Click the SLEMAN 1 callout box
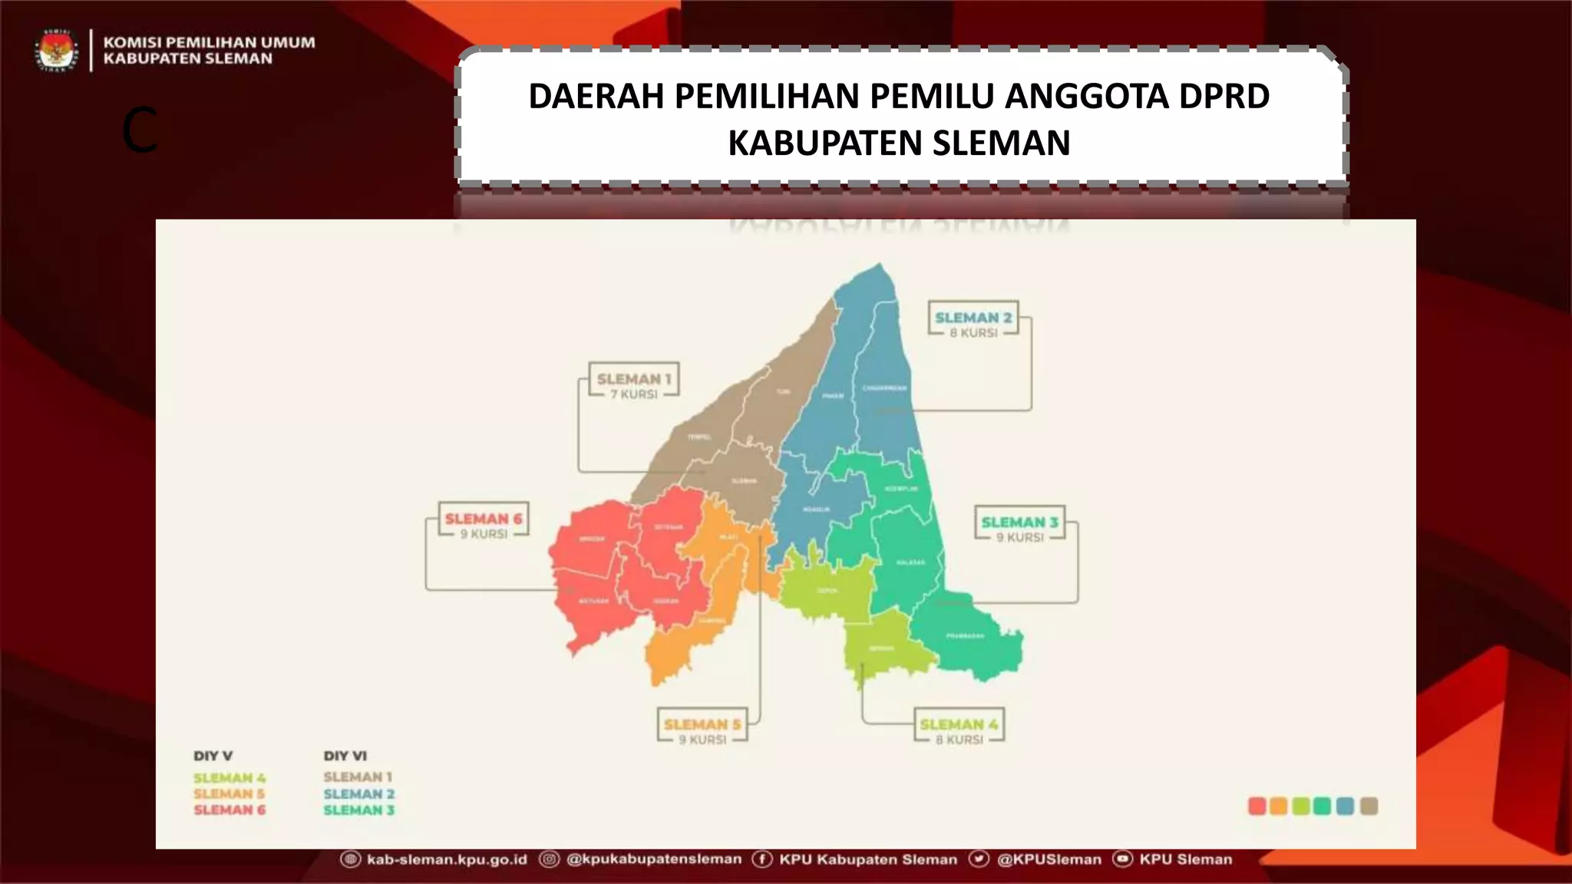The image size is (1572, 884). point(634,380)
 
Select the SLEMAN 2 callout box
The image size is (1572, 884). point(973,318)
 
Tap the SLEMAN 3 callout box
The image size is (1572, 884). point(1019,523)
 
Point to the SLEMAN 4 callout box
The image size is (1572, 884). point(959,725)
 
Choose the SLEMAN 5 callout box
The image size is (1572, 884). point(702,725)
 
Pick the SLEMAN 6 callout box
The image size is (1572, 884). point(484,520)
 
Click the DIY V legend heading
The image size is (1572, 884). point(213,756)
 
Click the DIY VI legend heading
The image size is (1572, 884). point(345,756)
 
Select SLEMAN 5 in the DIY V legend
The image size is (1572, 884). point(229,794)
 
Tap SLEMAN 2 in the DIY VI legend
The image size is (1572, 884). point(358,794)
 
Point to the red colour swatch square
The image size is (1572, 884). point(1257,806)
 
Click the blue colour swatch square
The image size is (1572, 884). point(1345,806)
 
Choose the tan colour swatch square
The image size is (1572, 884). point(1369,806)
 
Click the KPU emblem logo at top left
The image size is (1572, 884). point(56,51)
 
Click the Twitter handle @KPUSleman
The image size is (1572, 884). point(1049,859)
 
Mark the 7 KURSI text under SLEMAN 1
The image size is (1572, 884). point(634,394)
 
